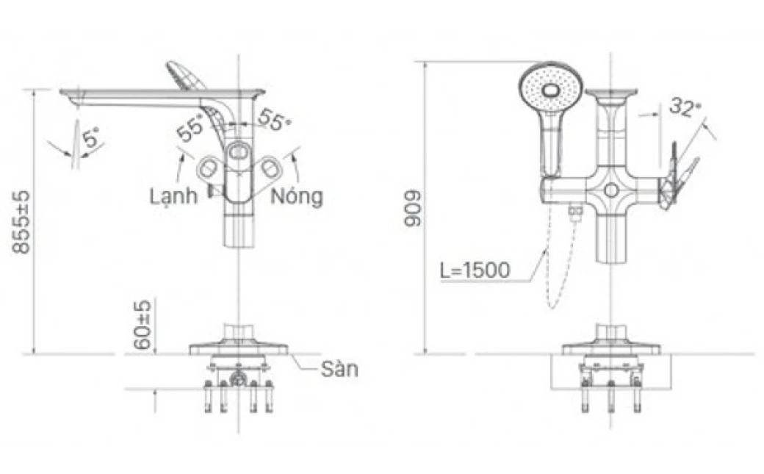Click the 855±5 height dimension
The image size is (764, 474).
click(x=23, y=221)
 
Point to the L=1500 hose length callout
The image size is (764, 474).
click(x=475, y=270)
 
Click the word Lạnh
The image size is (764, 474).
click(x=173, y=197)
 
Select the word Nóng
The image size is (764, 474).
click(x=296, y=197)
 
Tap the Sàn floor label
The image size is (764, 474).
click(x=339, y=369)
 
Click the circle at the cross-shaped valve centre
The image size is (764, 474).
click(x=610, y=190)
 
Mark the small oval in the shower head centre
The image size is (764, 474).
click(x=550, y=92)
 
